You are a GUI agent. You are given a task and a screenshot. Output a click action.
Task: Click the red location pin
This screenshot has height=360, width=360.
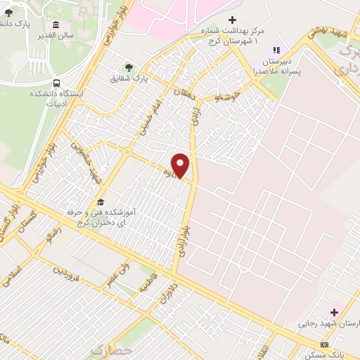click(181, 166)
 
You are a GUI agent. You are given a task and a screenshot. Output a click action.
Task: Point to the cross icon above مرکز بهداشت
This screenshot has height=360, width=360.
click(233, 21)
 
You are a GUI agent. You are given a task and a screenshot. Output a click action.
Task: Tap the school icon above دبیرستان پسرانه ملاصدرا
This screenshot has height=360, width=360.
click(276, 50)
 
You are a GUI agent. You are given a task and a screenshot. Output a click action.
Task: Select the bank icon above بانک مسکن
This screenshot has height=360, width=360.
click(324, 345)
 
